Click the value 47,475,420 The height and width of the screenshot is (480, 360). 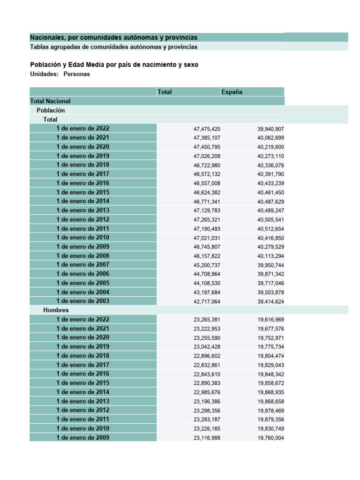pyautogui.click(x=207, y=129)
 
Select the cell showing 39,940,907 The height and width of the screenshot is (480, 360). pyautogui.click(x=270, y=129)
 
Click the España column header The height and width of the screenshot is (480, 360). pyautogui.click(x=232, y=92)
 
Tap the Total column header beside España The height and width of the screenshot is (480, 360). pyautogui.click(x=165, y=92)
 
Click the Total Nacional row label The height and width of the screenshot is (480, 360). pyautogui.click(x=50, y=101)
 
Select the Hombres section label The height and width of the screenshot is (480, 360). pyautogui.click(x=56, y=310)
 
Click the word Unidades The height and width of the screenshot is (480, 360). pyautogui.click(x=44, y=74)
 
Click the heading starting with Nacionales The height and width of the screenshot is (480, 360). pyautogui.click(x=113, y=37)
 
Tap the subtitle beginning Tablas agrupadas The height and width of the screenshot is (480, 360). pyautogui.click(x=113, y=47)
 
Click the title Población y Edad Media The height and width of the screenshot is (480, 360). pyautogui.click(x=114, y=65)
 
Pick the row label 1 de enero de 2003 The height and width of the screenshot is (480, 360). pyautogui.click(x=83, y=301)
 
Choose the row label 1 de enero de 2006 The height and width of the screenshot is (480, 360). pyautogui.click(x=83, y=274)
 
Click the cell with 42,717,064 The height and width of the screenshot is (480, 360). pyautogui.click(x=207, y=301)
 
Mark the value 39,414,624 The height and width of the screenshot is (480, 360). pyautogui.click(x=270, y=301)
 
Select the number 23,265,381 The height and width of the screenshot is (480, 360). pyautogui.click(x=207, y=320)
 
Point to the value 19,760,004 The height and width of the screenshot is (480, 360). pyautogui.click(x=270, y=438)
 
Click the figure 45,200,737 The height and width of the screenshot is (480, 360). pyautogui.click(x=207, y=265)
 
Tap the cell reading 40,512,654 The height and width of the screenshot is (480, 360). pyautogui.click(x=270, y=229)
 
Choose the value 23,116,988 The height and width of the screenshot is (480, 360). pyautogui.click(x=207, y=438)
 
